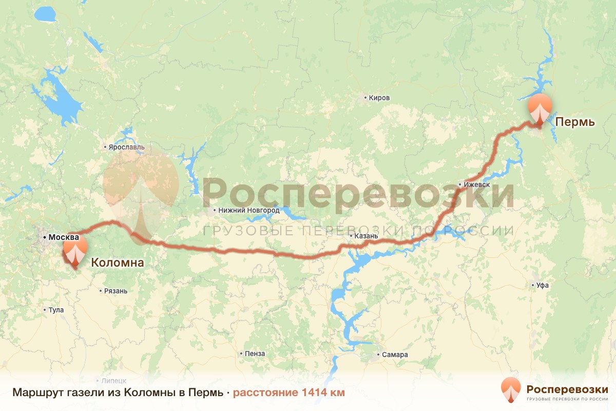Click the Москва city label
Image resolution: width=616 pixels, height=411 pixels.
pos(63,237)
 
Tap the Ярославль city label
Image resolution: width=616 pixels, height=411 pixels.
pos(126,147)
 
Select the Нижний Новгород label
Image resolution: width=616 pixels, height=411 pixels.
pos(249,210)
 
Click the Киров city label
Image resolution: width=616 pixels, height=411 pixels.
pos(379,98)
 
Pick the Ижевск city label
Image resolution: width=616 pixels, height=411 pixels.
pos(477,184)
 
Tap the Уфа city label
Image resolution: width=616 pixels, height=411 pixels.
pos(542,285)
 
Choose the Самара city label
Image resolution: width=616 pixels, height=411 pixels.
pos(395,354)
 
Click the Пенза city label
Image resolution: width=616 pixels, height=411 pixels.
pos(255,353)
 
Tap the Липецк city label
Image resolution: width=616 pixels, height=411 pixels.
pos(113,381)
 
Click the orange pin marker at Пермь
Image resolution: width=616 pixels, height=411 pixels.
pos(541,108)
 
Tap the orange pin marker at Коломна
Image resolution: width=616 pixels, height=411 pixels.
pos(75,252)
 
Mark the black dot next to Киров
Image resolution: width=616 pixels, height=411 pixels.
pos(365,98)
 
